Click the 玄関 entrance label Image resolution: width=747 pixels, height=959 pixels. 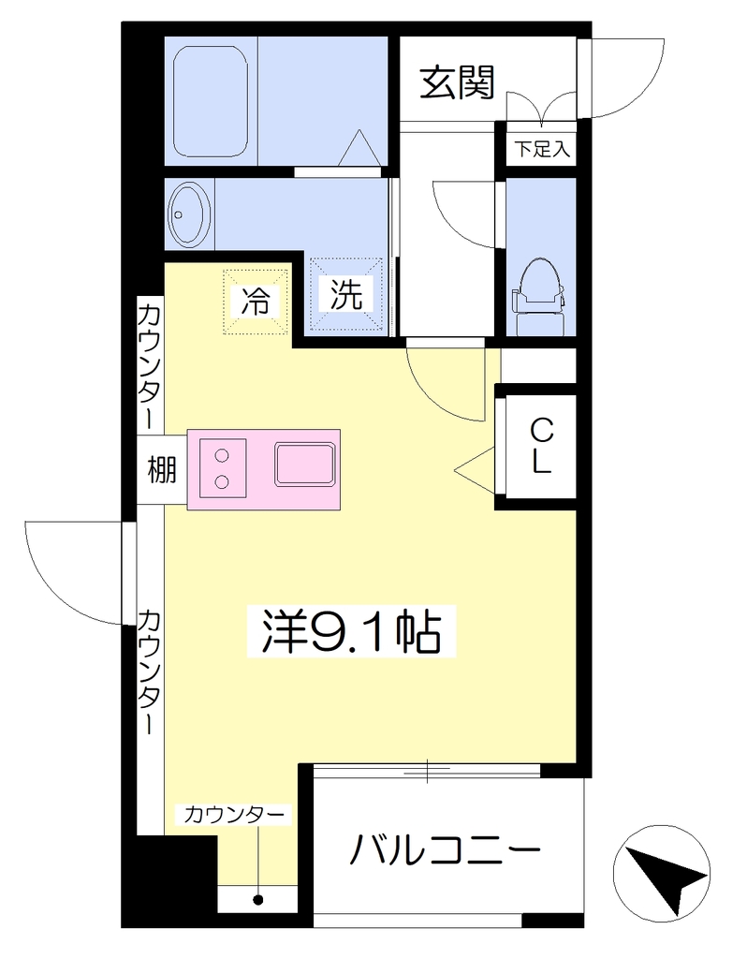[457, 82]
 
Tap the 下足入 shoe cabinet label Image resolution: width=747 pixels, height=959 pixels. [542, 149]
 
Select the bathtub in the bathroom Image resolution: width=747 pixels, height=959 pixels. [211, 101]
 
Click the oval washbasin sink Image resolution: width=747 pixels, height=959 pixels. [189, 214]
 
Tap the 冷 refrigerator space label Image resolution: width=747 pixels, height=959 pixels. [256, 301]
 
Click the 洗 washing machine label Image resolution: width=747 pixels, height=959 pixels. [346, 294]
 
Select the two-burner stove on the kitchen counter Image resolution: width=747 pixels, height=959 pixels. [222, 468]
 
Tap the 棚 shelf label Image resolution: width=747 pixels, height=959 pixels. [161, 470]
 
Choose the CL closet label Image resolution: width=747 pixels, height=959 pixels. [541, 446]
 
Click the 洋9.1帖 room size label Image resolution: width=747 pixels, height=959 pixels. [351, 631]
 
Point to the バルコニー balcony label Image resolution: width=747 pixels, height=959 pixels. [446, 849]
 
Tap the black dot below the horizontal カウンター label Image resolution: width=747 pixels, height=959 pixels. [258, 900]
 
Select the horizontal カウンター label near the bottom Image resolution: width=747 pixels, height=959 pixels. [234, 815]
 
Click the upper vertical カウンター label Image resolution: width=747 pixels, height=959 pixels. [151, 364]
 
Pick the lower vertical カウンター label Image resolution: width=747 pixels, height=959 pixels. [151, 671]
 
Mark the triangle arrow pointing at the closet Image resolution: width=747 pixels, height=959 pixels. [475, 470]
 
